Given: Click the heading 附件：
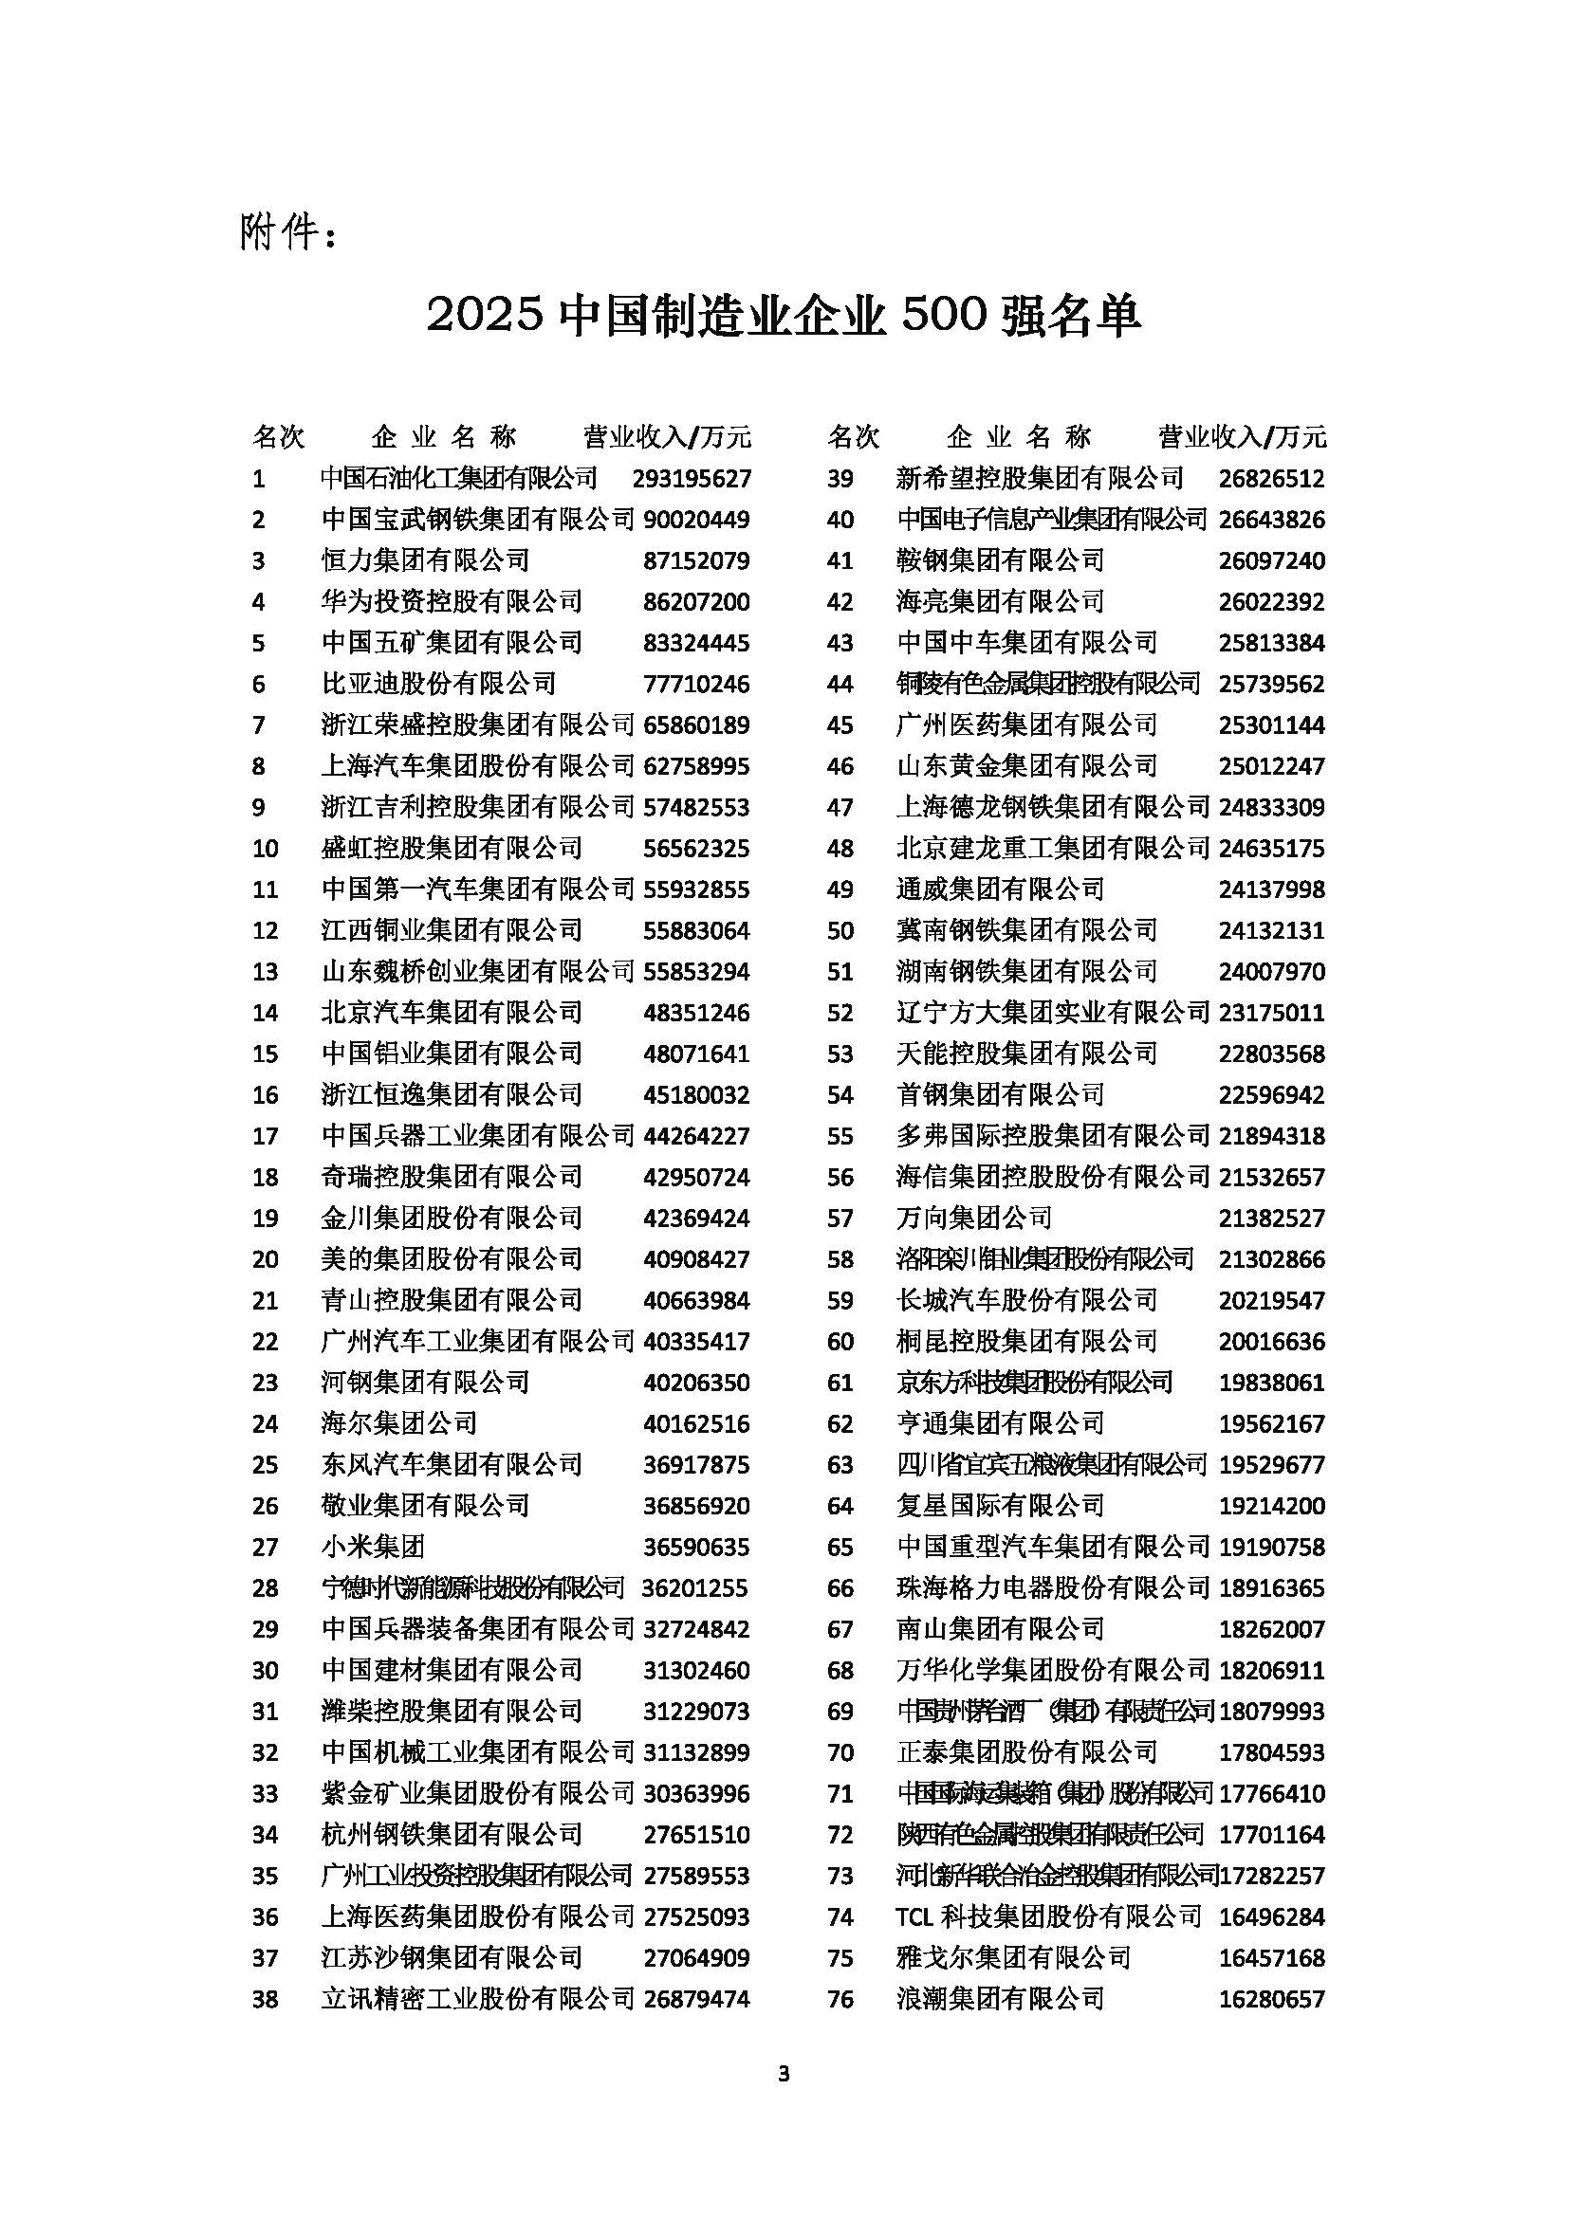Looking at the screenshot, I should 289,233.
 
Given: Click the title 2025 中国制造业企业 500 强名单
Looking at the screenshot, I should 784,315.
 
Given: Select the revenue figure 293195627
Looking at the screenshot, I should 692,478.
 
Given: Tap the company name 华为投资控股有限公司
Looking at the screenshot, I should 452,602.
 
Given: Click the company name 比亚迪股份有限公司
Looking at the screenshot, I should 438,684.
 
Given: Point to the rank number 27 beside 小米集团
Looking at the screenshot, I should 265,1548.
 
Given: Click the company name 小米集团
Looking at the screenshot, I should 373,1548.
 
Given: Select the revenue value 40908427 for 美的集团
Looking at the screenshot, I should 696,1259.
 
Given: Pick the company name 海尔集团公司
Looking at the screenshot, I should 399,1424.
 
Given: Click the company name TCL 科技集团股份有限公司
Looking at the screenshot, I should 1049,1917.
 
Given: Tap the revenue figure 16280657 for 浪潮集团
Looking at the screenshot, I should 1271,2000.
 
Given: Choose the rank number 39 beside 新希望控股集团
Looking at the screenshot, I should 840,478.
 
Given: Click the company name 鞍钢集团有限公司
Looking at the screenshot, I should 1000,560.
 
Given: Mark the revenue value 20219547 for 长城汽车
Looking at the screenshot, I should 1271,1301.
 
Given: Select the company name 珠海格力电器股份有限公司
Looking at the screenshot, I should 1053,1588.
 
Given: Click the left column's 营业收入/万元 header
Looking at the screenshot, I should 667,436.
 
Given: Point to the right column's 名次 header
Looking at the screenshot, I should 854,436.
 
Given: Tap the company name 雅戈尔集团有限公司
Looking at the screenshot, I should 1013,1958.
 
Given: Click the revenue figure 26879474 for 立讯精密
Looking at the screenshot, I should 696,2000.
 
